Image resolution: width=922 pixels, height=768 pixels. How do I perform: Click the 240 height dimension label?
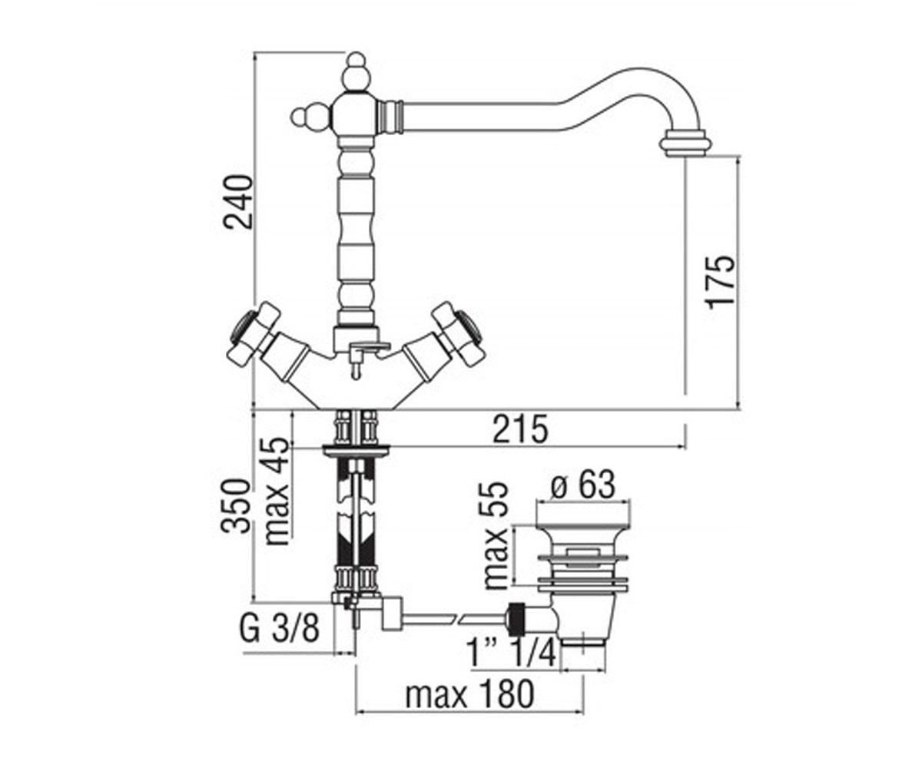click(x=239, y=202)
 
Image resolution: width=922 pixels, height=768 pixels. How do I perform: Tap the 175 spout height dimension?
click(x=721, y=283)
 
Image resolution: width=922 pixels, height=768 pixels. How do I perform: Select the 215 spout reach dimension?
click(x=520, y=429)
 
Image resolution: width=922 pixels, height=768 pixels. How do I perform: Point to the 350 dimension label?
click(x=236, y=507)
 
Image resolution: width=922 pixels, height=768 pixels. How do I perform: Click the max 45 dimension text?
click(x=277, y=492)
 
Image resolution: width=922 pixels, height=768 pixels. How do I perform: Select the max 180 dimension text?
click(x=469, y=694)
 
